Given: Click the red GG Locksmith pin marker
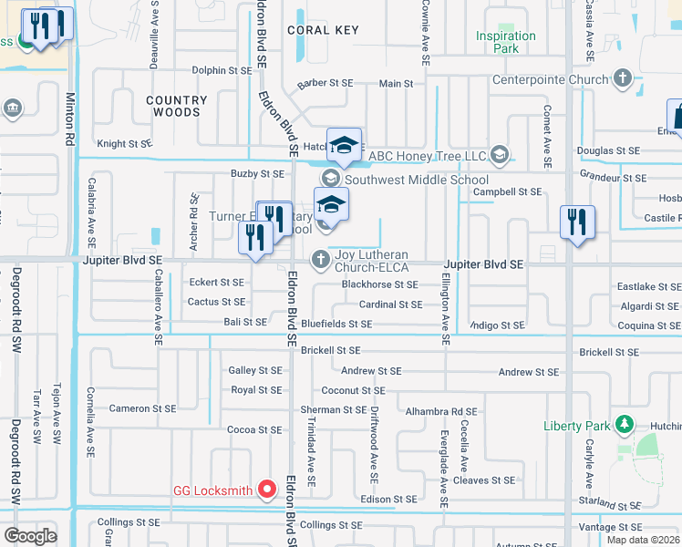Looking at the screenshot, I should click(266, 490).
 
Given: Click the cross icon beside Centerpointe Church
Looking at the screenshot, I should click(623, 79).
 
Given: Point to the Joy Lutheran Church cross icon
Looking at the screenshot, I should click(320, 261).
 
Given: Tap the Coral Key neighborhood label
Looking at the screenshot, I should click(322, 30).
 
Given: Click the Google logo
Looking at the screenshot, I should click(30, 535).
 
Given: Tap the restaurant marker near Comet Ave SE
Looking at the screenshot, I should click(577, 222).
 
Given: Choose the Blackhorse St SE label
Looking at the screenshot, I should click(379, 284).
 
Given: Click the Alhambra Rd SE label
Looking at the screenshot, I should click(441, 411).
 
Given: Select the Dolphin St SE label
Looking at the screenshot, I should click(222, 70).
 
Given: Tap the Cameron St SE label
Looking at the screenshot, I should click(141, 408).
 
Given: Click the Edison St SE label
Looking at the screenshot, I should click(388, 500).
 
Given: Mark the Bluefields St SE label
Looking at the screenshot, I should click(336, 324).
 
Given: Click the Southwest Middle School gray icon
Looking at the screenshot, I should click(329, 180).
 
